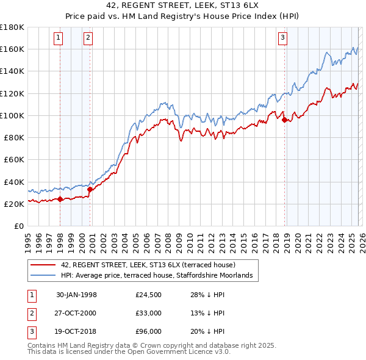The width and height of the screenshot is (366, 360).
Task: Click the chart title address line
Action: [x=182, y=7]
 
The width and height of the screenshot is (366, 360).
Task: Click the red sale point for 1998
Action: [x=60, y=199]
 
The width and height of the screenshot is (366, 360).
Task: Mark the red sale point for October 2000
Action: [x=90, y=189]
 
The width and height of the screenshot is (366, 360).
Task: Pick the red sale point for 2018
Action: [x=284, y=120]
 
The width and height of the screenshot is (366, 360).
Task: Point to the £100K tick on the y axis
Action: [x=12, y=115]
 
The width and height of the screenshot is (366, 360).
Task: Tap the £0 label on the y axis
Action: [x=20, y=226]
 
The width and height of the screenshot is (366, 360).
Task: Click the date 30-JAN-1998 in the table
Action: [x=76, y=295]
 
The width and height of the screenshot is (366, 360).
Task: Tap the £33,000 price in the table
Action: [x=149, y=312]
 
